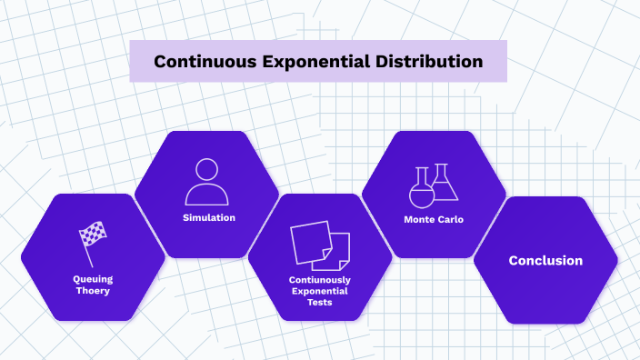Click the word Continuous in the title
pos(199,63)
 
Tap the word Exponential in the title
pos(309,63)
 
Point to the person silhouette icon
pos(206,182)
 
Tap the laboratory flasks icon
pos(433,185)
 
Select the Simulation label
pos(208,218)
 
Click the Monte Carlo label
pos(434,219)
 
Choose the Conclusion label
pos(545,261)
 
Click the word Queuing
pos(93,278)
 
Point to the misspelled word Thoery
pos(93,290)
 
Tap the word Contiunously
pos(319,280)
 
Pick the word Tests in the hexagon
pos(319,302)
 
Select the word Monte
pos(419,219)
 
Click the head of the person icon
pos(206,170)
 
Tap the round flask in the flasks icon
pos(422,193)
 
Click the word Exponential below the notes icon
pos(319,291)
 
